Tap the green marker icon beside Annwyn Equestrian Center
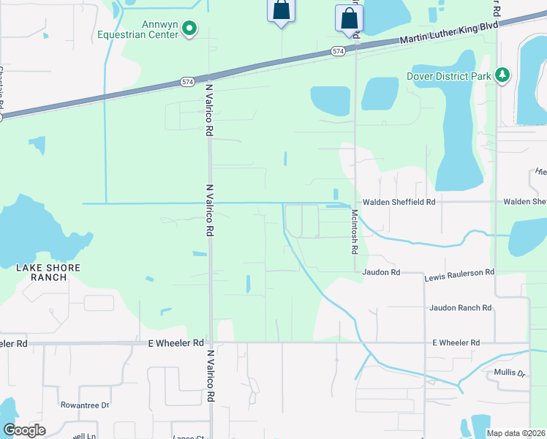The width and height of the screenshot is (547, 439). click(189, 29)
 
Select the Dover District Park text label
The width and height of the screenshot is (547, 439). click(448, 76)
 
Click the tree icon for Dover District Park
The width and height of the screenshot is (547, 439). click(502, 75)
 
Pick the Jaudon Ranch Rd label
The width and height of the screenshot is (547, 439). click(460, 308)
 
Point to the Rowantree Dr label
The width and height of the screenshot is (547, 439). click(85, 405)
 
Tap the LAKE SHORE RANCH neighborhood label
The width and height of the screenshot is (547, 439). click(49, 273)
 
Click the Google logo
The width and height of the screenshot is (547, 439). click(24, 430)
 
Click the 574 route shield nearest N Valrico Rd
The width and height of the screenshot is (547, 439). click(188, 83)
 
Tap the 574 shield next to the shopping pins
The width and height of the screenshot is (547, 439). click(337, 50)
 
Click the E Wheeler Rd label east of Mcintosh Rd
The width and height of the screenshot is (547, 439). click(456, 342)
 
